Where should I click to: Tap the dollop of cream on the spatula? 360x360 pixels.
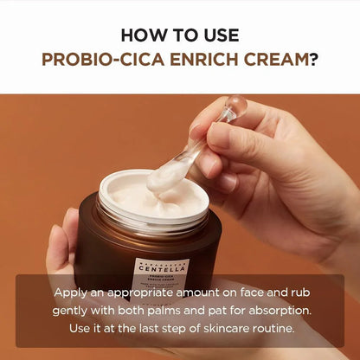tap(168, 177)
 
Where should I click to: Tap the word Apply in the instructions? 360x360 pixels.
tap(72, 292)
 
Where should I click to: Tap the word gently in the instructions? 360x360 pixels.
tap(75, 311)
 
